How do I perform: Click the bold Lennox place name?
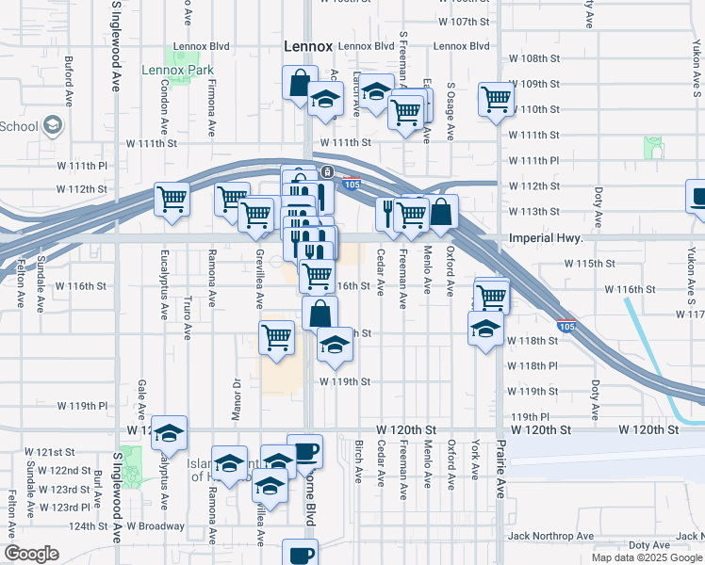tap(308, 46)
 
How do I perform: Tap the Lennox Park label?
tap(177, 70)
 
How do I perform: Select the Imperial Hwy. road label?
tap(549, 239)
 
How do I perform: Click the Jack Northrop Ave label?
tap(549, 536)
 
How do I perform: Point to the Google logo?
tap(31, 554)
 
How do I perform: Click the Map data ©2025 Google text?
tap(646, 557)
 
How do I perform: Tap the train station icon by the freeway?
tap(326, 171)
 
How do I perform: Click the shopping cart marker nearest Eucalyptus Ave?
tap(172, 199)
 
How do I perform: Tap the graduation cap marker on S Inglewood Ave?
tap(169, 432)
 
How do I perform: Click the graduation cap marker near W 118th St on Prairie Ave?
tap(485, 329)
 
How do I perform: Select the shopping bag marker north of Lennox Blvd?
tap(299, 82)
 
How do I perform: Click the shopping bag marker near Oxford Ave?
tap(441, 212)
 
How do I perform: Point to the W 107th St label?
tap(466, 21)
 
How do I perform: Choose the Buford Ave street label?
tap(69, 80)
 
